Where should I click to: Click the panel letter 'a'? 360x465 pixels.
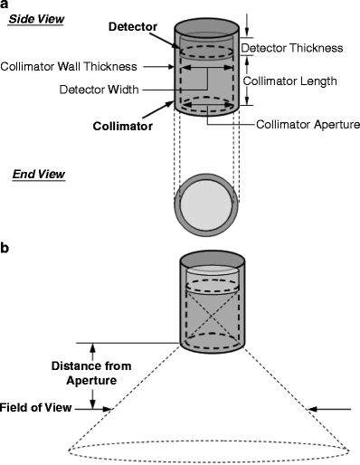click(x=5, y=5)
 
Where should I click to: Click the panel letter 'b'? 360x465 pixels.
click(x=5, y=248)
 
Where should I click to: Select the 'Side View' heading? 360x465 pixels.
click(x=36, y=19)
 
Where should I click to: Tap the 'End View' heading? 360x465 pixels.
click(x=39, y=175)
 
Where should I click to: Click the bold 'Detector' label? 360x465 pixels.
click(x=133, y=27)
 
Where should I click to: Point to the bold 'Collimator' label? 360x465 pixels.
click(x=123, y=126)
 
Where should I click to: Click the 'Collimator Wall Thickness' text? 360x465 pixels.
click(x=69, y=66)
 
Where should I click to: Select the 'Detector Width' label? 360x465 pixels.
click(x=99, y=90)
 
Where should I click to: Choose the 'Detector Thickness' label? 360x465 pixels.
click(x=292, y=48)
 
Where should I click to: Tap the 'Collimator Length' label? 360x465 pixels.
click(x=289, y=81)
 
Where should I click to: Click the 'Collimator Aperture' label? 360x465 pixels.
click(x=308, y=124)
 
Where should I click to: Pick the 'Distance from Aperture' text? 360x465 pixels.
click(x=91, y=373)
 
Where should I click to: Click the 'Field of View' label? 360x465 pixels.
click(x=35, y=408)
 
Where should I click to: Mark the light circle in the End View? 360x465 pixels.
click(x=206, y=204)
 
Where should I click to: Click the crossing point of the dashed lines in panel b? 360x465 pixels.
click(x=213, y=315)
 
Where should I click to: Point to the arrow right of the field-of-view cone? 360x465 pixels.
click(x=330, y=409)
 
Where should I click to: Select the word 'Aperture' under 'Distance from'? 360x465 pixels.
click(x=91, y=380)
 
